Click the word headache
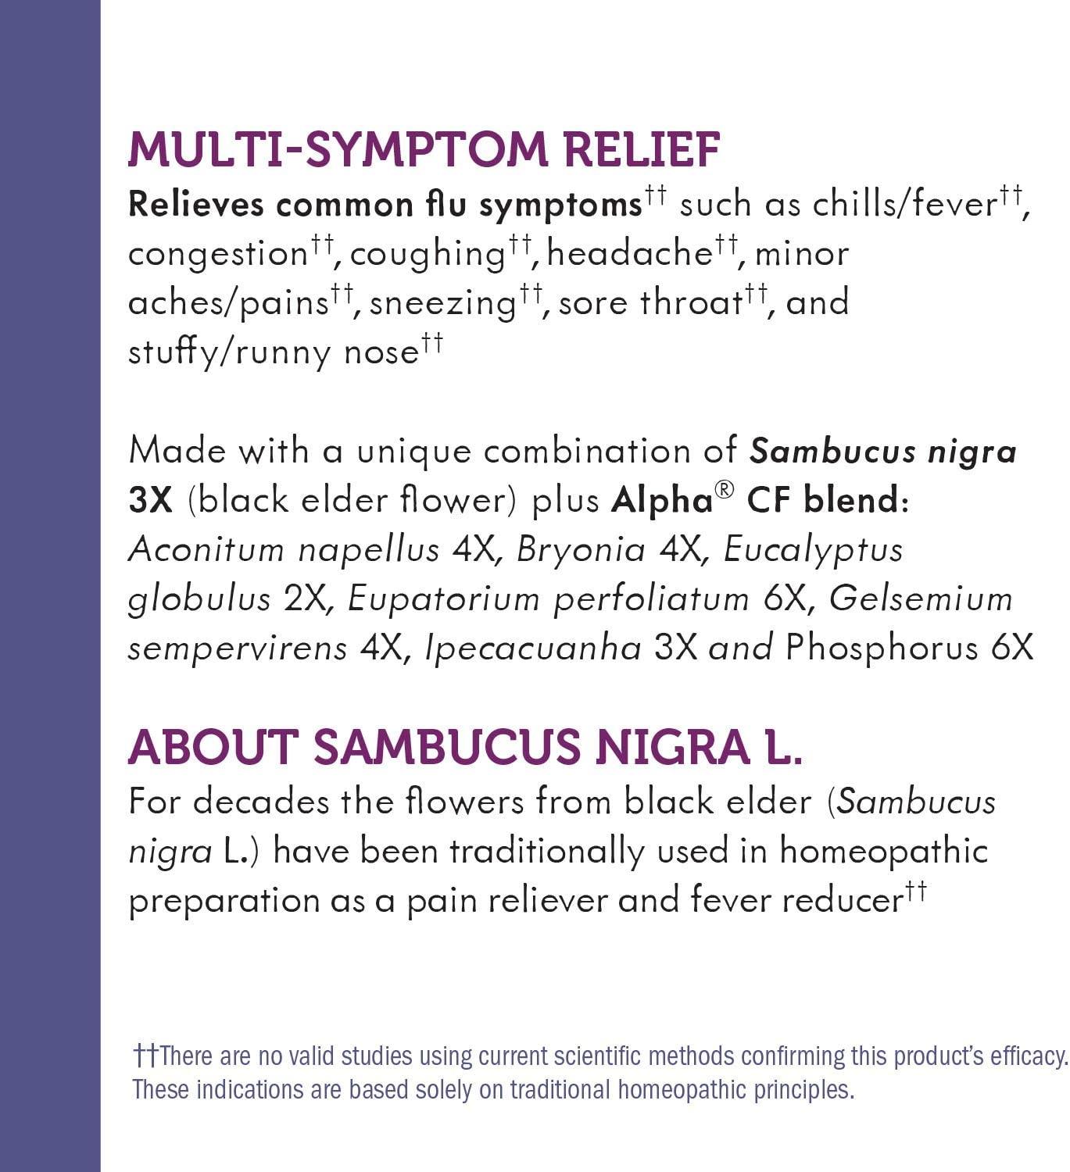(630, 254)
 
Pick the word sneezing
(442, 304)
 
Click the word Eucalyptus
(813, 551)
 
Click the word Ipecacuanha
(533, 649)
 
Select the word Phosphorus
(882, 649)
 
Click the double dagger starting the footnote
(145, 1056)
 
